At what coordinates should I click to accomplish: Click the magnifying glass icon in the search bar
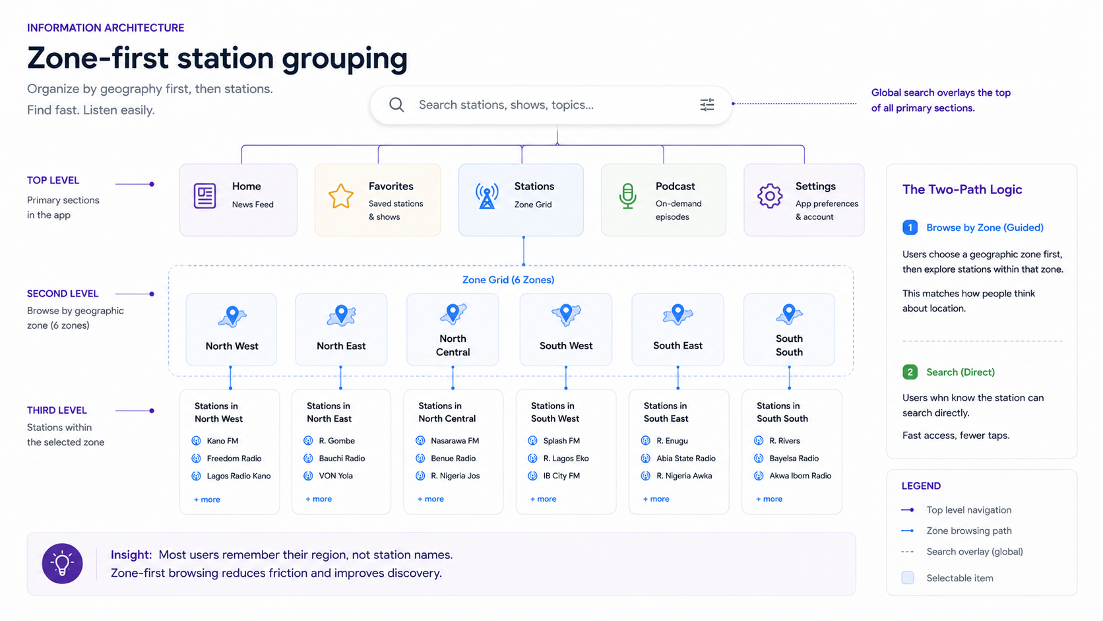tap(396, 105)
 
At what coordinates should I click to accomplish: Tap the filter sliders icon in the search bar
tap(707, 104)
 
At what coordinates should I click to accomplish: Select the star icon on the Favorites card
tap(341, 196)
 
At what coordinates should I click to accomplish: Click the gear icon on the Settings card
tap(770, 196)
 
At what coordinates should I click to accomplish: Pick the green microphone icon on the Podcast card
tap(627, 196)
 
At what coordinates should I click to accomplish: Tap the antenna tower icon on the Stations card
tap(487, 196)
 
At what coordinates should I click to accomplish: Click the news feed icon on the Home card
tap(205, 196)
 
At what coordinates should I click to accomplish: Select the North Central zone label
tap(453, 345)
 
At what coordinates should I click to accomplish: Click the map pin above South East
tap(678, 313)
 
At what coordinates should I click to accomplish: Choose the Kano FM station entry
tap(216, 441)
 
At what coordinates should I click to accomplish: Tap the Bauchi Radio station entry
tap(334, 459)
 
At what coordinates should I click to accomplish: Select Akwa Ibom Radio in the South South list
tap(793, 476)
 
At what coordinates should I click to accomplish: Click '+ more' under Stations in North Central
tap(431, 499)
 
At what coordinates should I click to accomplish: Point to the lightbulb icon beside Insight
tap(62, 564)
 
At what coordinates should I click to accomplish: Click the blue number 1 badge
tap(910, 228)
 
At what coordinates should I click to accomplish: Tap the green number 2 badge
tap(910, 372)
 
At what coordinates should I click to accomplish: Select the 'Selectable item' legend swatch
tap(908, 577)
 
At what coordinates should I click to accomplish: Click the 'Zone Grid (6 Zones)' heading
tap(508, 280)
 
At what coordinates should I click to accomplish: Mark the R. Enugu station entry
tap(664, 441)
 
